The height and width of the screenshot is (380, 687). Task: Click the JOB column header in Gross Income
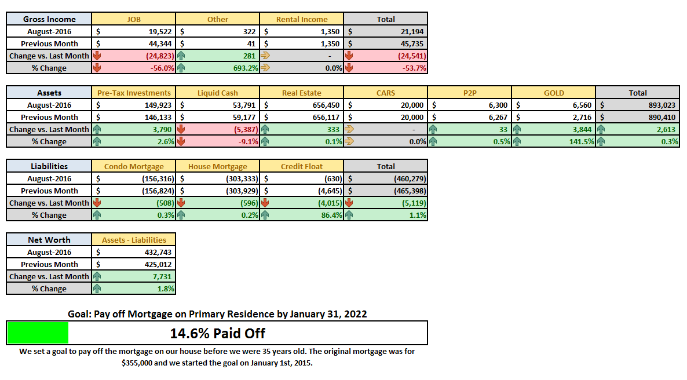(x=134, y=19)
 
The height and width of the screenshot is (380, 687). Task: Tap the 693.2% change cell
(x=246, y=68)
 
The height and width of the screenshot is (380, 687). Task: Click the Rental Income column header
(x=302, y=19)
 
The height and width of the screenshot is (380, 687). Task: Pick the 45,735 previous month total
(x=412, y=44)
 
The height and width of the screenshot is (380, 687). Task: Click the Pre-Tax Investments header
(x=134, y=93)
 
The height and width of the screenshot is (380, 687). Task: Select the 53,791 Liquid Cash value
(x=244, y=105)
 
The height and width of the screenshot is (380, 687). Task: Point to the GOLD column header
(x=554, y=93)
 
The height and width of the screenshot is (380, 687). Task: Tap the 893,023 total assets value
(x=662, y=105)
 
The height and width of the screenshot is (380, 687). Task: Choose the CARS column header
(x=386, y=93)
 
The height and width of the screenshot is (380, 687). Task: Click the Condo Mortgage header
(x=134, y=167)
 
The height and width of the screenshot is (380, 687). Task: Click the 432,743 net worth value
(x=158, y=253)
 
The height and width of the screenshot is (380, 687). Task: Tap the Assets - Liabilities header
(x=134, y=240)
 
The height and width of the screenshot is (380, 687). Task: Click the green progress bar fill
(x=38, y=333)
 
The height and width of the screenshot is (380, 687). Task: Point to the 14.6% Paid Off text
(x=217, y=333)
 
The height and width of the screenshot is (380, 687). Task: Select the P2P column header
(x=470, y=93)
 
